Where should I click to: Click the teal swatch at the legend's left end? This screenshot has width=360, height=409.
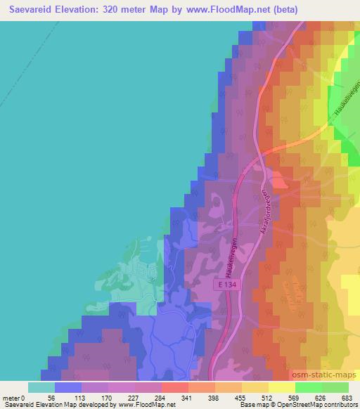click(x=41, y=387)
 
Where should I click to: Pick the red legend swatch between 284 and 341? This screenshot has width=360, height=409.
click(x=175, y=387)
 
